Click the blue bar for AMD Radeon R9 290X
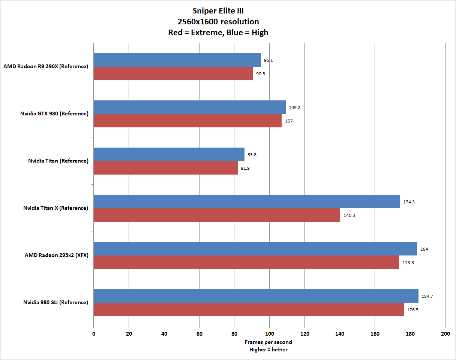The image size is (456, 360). (x=177, y=60)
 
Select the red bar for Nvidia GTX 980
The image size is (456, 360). (x=187, y=121)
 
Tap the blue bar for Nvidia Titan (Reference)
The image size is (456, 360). (x=169, y=154)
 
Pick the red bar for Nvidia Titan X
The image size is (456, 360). (x=216, y=215)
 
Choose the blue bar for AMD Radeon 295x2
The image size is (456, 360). (x=255, y=249)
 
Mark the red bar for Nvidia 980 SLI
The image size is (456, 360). (x=248, y=309)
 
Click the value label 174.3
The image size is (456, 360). (x=408, y=202)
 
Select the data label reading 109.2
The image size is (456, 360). (x=294, y=108)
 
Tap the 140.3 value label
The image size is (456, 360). (x=348, y=215)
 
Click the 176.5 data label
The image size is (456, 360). (x=412, y=310)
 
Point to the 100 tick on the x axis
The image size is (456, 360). (x=269, y=333)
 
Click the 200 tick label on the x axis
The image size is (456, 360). (x=445, y=333)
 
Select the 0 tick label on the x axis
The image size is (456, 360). (x=93, y=333)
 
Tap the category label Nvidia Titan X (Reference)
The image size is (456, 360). (x=55, y=208)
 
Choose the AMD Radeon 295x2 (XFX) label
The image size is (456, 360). (x=57, y=255)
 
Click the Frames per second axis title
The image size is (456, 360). (x=268, y=342)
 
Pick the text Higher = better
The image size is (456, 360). (x=268, y=350)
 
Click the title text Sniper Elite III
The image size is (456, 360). (x=218, y=11)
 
